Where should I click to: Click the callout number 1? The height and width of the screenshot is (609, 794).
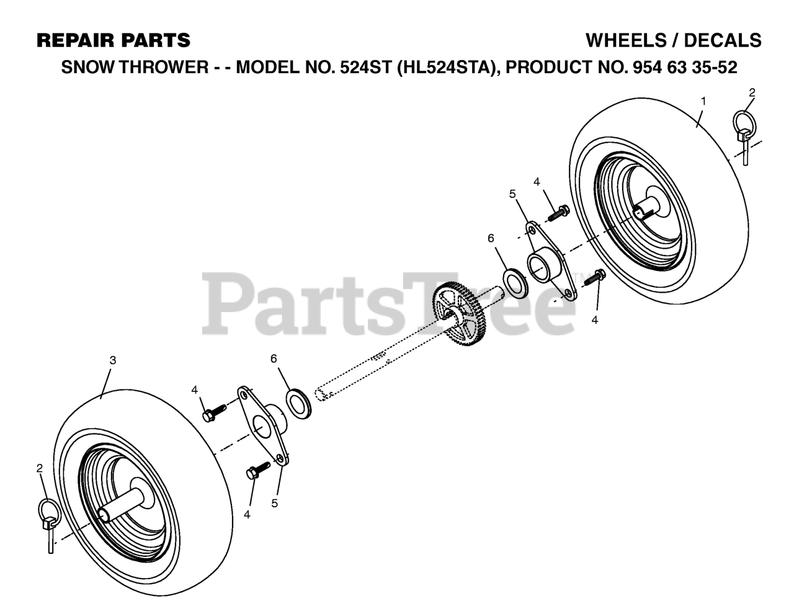click(703, 101)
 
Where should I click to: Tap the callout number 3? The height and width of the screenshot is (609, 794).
click(113, 360)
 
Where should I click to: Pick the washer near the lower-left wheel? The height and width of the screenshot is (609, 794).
click(299, 404)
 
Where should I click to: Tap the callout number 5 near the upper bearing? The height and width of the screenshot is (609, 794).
click(512, 194)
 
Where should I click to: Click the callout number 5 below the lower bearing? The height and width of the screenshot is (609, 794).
click(274, 504)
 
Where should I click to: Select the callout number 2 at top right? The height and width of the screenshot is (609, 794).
click(752, 92)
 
